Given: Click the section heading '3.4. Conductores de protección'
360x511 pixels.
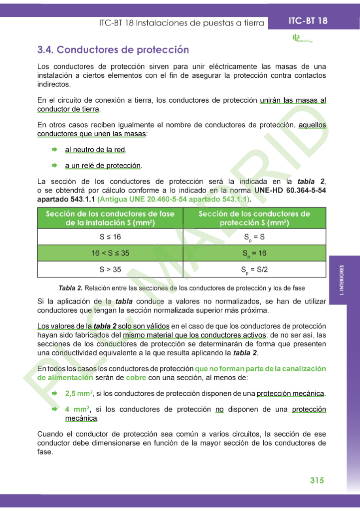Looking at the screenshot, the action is (113, 50).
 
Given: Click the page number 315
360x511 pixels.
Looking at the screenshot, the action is (317, 480).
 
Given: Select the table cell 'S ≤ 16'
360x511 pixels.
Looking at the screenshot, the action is (110, 237).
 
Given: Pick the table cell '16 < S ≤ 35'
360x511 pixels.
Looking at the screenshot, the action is (110, 253).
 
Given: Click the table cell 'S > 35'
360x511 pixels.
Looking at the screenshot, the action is (110, 269).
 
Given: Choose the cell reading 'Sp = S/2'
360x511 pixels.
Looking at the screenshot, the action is (254, 270).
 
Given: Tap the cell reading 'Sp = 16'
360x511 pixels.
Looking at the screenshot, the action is (254, 254).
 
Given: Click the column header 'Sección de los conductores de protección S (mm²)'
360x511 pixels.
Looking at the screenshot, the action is (254, 218).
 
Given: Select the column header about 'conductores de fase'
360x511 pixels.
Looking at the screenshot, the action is (110, 218).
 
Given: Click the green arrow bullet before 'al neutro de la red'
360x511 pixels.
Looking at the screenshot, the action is (54, 150).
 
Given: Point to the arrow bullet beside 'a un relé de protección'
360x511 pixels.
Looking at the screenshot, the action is (54, 165).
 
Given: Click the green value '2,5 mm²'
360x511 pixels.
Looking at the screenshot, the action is (79, 394).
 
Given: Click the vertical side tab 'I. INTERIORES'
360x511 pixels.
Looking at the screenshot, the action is (342, 281).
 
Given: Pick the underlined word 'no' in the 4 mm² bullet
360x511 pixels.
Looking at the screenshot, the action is (219, 409).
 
